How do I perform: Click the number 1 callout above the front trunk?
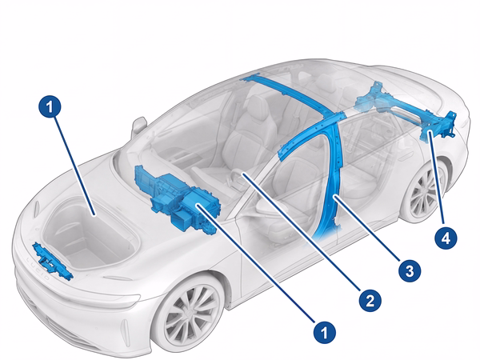[50, 107]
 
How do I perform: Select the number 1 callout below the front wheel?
[325, 332]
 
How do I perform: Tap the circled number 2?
[370, 300]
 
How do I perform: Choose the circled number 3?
[410, 270]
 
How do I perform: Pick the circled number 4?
[446, 238]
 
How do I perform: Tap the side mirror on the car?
[139, 126]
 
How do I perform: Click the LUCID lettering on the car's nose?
[38, 269]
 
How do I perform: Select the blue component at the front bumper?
[53, 261]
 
